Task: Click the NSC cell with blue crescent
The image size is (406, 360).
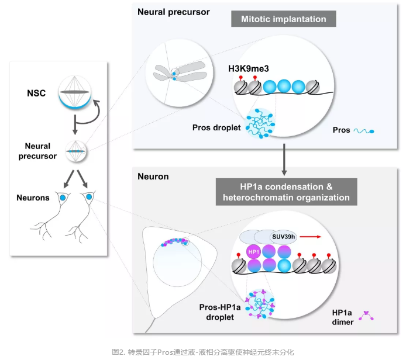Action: (x=76, y=95)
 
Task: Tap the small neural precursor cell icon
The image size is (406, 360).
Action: (x=76, y=151)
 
